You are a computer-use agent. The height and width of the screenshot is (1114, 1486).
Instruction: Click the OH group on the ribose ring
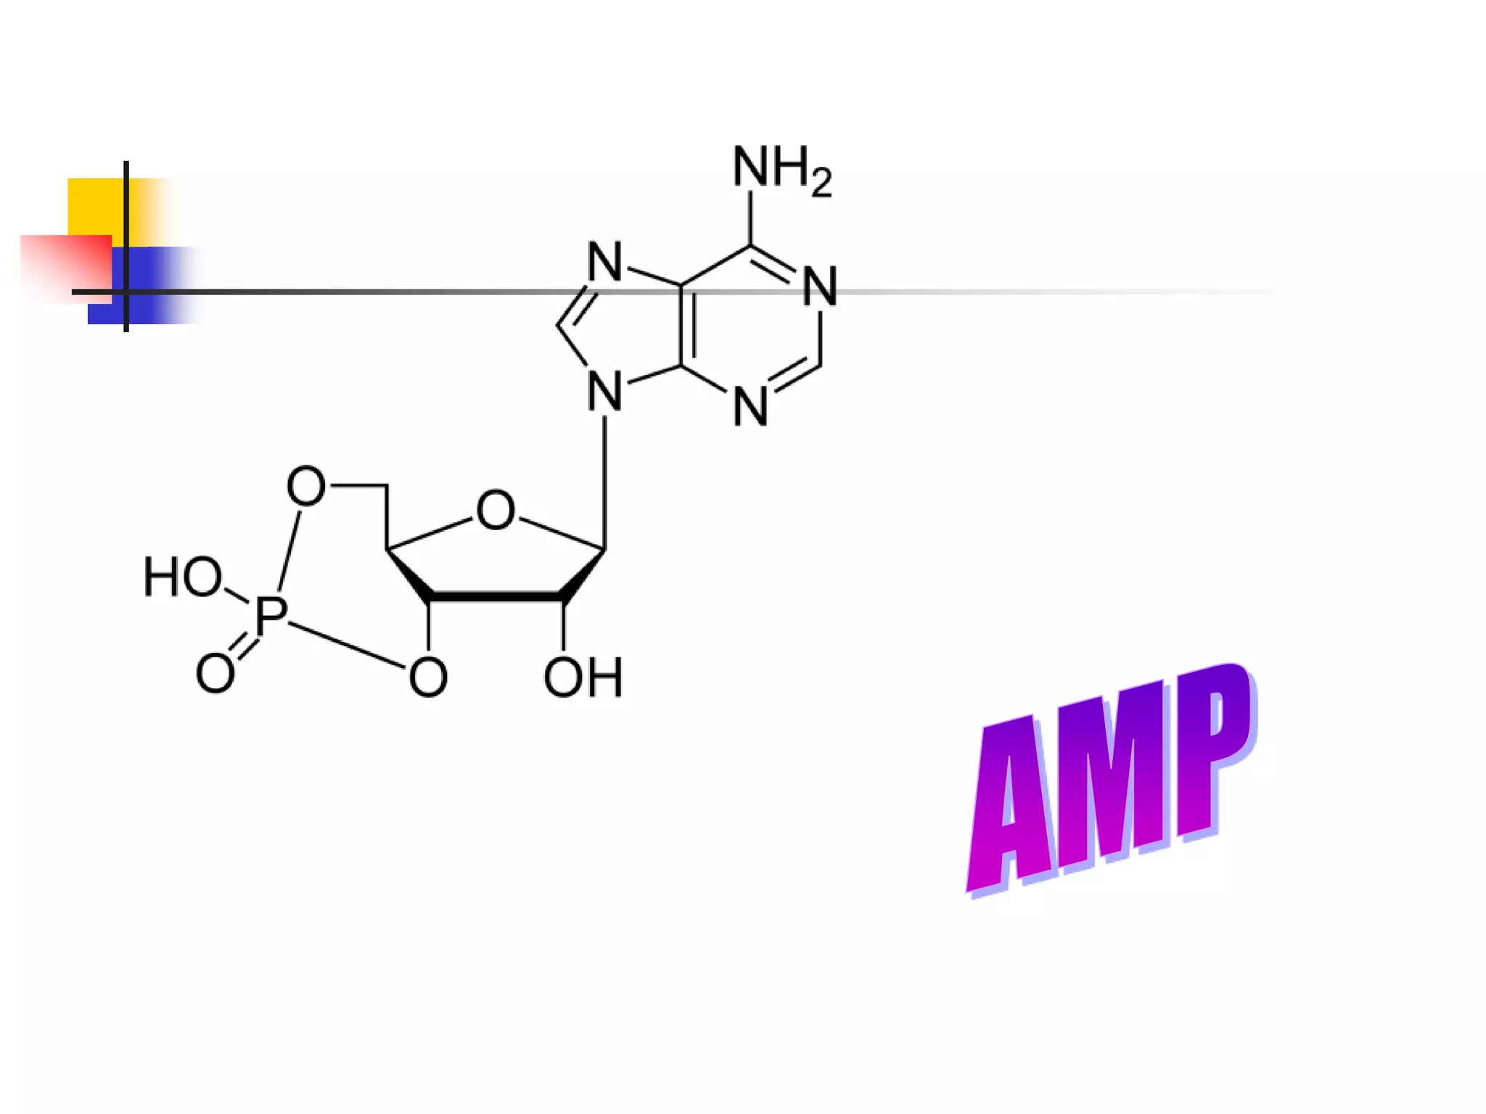pos(583,678)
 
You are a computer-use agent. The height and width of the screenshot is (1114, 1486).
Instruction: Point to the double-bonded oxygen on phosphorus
pos(215,673)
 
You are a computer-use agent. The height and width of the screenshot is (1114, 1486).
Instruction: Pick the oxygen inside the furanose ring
pos(496,510)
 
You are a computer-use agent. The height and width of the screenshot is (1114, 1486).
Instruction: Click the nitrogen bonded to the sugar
pos(604,392)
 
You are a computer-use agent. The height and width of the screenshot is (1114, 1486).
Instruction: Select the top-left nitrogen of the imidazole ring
pos(604,262)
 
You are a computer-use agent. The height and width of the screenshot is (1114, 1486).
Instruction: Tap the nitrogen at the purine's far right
pos(820,286)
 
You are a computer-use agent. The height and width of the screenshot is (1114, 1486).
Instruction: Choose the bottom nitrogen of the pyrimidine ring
pos(750,407)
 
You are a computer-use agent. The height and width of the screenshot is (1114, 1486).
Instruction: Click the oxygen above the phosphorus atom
pos(305,486)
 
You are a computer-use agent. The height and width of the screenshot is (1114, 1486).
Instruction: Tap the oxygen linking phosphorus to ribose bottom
pos(427,677)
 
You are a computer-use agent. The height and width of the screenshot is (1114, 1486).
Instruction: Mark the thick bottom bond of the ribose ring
pos(496,596)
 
